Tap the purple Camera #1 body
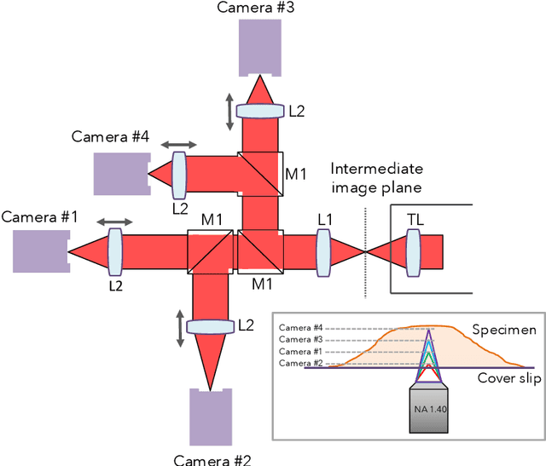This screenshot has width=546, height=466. (39, 250)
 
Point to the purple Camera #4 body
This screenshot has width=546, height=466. (120, 174)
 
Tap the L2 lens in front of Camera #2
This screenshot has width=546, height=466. (209, 326)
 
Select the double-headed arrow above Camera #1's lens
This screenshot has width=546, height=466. (113, 222)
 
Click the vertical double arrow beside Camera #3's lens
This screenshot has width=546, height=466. (229, 112)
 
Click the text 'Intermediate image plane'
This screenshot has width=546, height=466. (376, 177)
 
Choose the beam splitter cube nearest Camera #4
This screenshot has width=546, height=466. (260, 174)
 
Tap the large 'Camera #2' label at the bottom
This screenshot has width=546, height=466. (212, 459)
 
